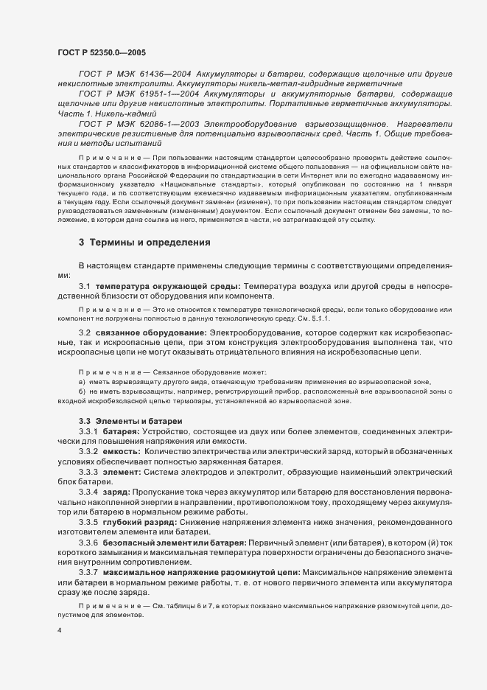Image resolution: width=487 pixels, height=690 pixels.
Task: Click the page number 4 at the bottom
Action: [x=58, y=631]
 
